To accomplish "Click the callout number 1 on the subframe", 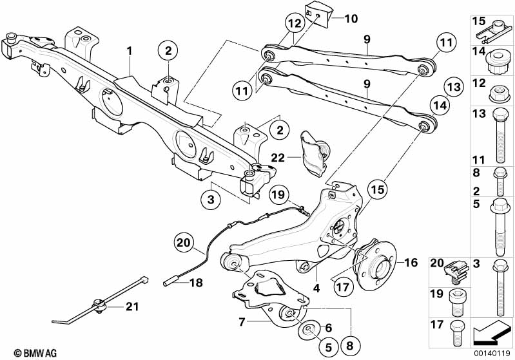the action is point(130,51).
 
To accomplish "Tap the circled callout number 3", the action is point(211,199).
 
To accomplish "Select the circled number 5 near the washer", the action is point(329,347).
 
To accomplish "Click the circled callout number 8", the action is point(349,346).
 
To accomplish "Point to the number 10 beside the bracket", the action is point(351,19).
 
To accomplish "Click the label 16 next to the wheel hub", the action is point(411,263).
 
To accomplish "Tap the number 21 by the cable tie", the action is point(132,307).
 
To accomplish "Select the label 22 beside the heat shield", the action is point(278,158).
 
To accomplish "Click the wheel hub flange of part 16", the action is point(375,265).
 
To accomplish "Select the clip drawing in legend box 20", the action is point(456,272).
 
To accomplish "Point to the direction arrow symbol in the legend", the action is point(491,332).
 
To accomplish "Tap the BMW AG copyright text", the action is point(35,353).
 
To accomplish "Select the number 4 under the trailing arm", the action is point(316,288).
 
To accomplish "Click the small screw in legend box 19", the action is point(456,302).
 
